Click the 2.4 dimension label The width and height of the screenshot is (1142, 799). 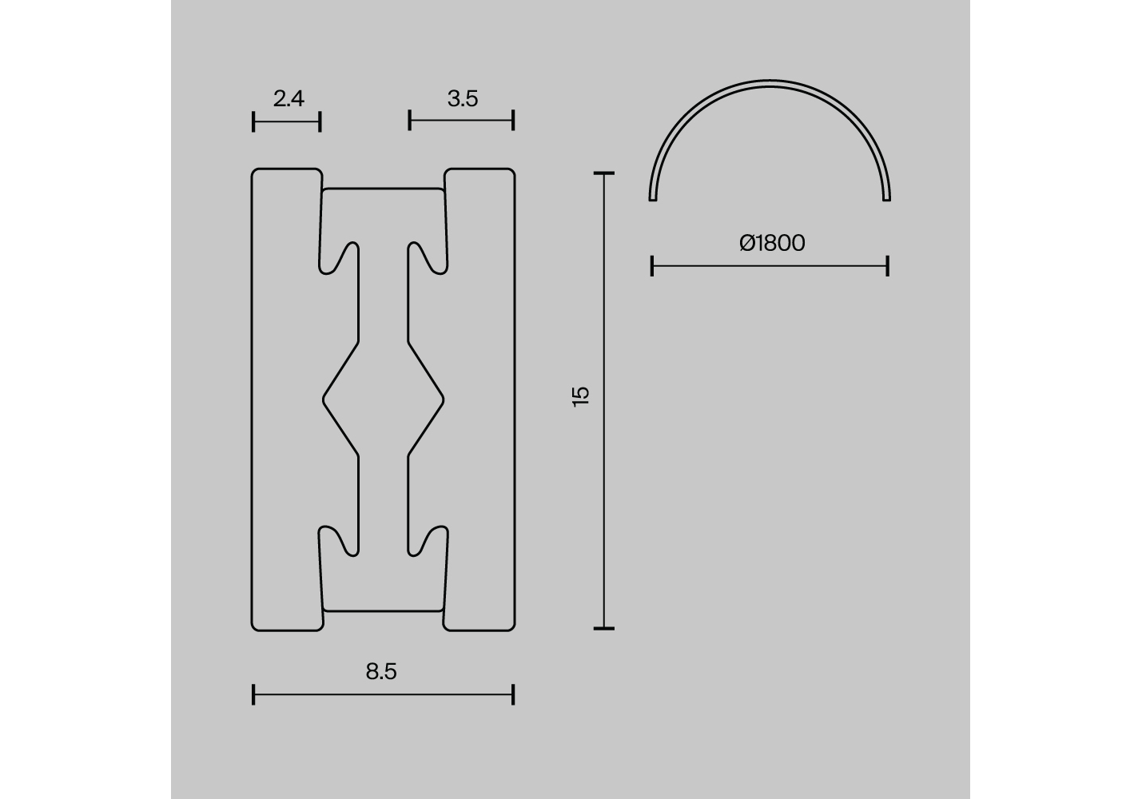[x=288, y=99]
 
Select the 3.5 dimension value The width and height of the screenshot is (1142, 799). [x=463, y=99]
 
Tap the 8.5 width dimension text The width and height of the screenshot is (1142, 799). [x=381, y=672]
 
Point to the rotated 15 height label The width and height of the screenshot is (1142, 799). [x=581, y=396]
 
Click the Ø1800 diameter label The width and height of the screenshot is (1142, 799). [x=772, y=243]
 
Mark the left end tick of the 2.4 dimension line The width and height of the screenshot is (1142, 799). [x=253, y=121]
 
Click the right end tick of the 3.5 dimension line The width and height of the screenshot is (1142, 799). [x=513, y=121]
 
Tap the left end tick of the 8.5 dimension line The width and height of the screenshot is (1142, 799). [x=253, y=694]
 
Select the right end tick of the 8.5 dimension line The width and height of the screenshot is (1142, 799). [x=513, y=694]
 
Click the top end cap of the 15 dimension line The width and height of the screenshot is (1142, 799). [x=604, y=173]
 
